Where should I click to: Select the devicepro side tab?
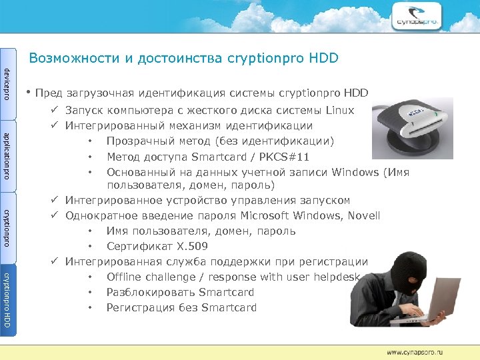[7, 84]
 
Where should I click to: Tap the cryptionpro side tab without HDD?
[7, 227]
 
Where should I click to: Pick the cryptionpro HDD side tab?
[7, 299]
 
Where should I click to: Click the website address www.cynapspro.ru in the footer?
[415, 351]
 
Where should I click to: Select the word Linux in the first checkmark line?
[340, 110]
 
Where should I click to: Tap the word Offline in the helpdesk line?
[124, 277]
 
